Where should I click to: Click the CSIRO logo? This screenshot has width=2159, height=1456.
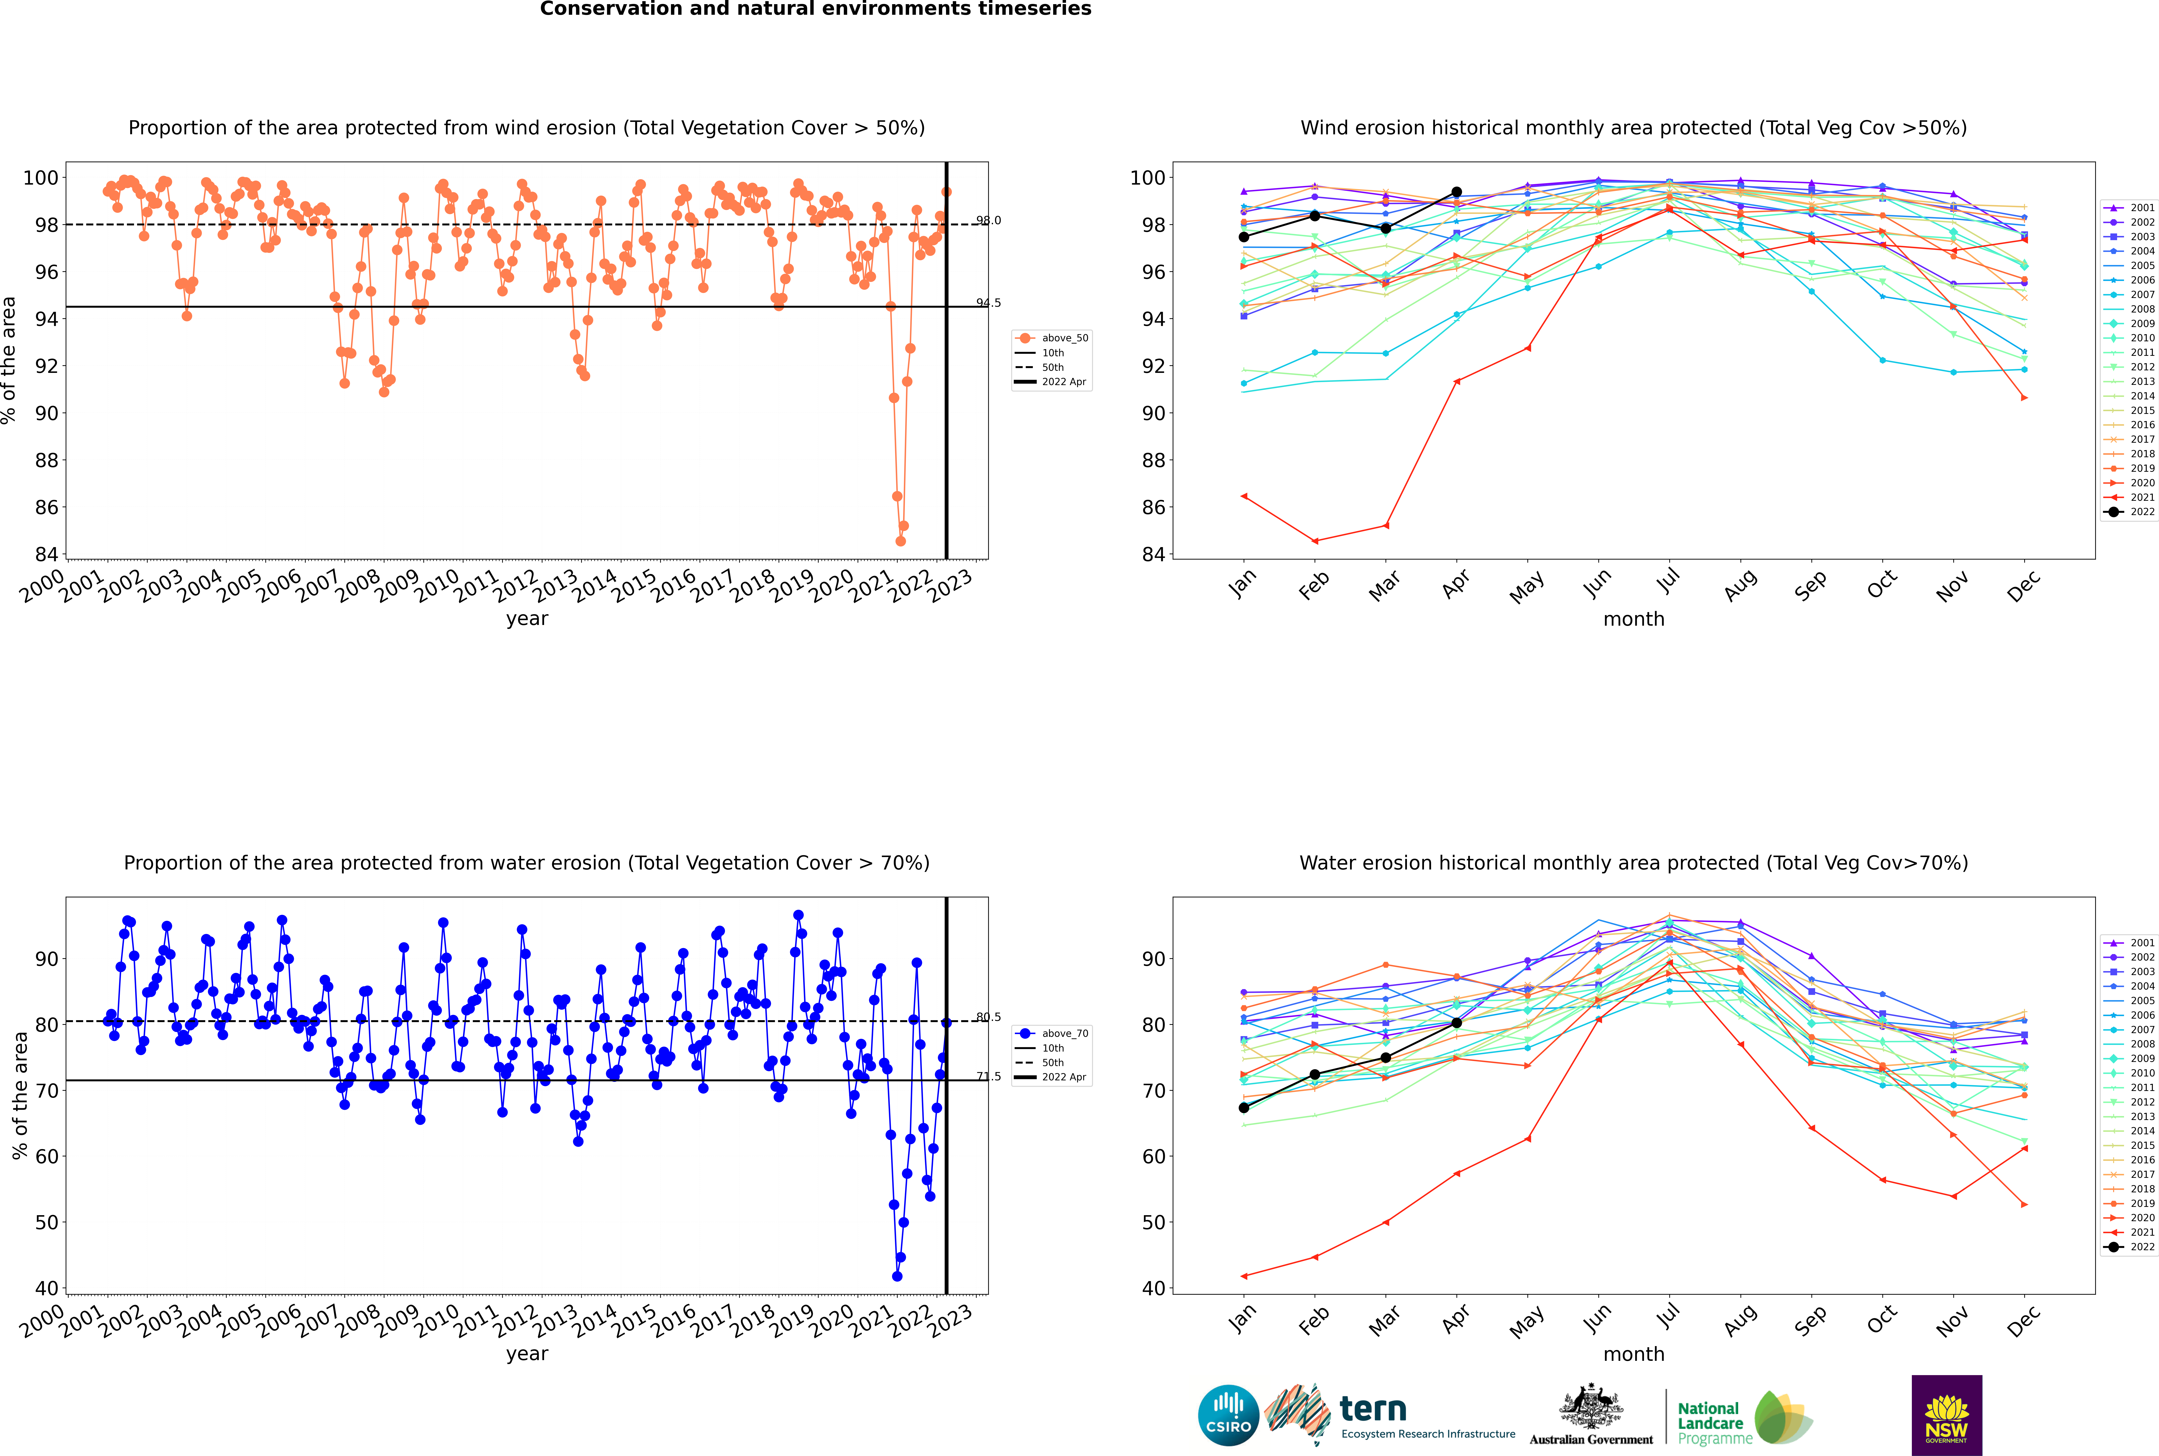tap(1228, 1415)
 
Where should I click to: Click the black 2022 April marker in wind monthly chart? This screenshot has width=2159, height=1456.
tap(1456, 192)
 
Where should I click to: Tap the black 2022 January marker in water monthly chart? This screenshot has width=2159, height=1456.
tap(1244, 1108)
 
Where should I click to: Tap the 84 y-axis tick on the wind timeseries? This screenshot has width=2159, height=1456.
tap(46, 554)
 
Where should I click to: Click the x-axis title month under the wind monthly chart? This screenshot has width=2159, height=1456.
tap(1634, 619)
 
